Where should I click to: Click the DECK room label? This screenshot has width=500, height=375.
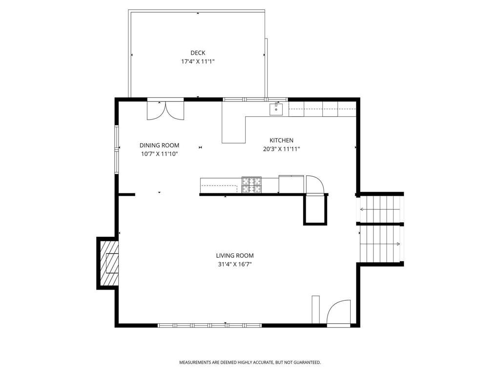pos(198,53)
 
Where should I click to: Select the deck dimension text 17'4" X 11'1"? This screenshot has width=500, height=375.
pos(198,62)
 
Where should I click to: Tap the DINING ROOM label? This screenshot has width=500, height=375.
pos(159,146)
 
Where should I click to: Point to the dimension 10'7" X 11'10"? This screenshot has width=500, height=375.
pos(159,154)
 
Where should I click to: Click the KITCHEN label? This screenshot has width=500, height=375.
pos(281,140)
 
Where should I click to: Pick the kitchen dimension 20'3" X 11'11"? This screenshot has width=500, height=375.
pos(281,149)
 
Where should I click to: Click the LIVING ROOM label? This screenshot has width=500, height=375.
pos(235,255)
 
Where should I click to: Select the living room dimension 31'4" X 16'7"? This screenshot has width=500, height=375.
pos(235,264)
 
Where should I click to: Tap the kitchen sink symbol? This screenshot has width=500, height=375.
pos(276,109)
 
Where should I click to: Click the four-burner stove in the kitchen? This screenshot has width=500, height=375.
pos(251,185)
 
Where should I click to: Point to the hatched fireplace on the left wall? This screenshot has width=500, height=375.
pos(109,263)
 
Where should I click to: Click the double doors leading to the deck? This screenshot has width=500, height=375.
pos(166,110)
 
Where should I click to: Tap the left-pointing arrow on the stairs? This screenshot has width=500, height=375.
pos(380,209)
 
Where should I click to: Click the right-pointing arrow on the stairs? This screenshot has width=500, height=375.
pos(380,244)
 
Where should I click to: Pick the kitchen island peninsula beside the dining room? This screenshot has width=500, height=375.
pos(234,130)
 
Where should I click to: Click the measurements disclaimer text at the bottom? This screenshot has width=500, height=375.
pos(250,363)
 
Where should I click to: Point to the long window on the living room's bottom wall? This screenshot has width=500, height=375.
pos(210,325)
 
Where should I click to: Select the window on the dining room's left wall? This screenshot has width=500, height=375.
pos(117,149)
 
